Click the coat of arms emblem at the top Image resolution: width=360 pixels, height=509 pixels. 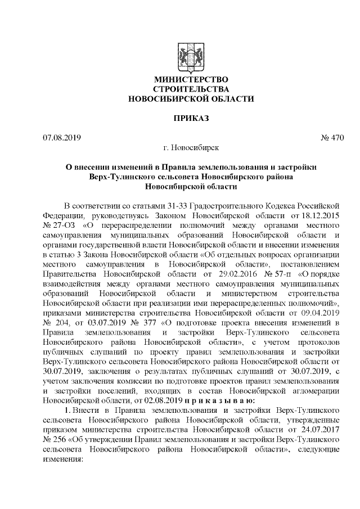click(191, 57)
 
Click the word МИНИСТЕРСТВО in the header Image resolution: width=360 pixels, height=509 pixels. click(191, 80)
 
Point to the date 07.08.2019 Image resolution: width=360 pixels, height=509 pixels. click(62, 137)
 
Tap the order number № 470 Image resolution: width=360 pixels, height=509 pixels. click(332, 137)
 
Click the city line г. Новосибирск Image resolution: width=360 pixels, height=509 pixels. click(191, 148)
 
